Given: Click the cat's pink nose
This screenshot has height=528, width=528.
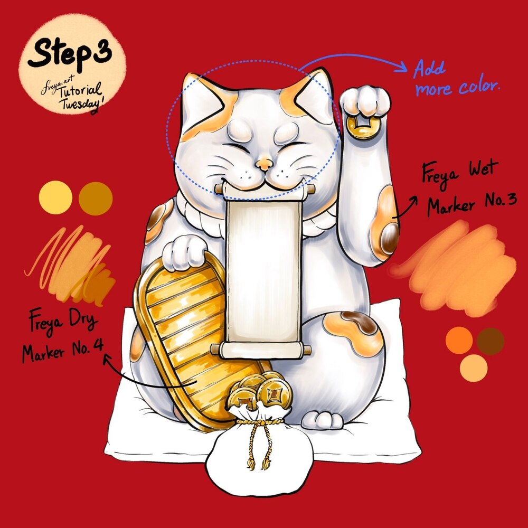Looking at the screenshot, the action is pyautogui.click(x=264, y=164).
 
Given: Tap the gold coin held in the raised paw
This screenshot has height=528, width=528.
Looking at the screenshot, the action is pyautogui.click(x=362, y=127).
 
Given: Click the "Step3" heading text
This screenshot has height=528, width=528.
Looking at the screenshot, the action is pyautogui.click(x=70, y=53).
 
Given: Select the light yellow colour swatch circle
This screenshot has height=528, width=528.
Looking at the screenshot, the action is pyautogui.click(x=55, y=197).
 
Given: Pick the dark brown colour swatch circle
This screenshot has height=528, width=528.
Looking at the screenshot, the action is pyautogui.click(x=491, y=341).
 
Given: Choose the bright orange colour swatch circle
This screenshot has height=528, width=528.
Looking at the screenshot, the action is pyautogui.click(x=459, y=340).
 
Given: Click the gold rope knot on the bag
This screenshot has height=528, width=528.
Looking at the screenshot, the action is pyautogui.click(x=259, y=421).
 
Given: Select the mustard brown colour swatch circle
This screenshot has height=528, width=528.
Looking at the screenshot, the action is pyautogui.click(x=96, y=199).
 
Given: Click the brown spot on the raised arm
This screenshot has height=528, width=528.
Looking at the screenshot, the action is pyautogui.click(x=389, y=239).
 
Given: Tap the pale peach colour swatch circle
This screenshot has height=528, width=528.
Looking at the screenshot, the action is pyautogui.click(x=474, y=368).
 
